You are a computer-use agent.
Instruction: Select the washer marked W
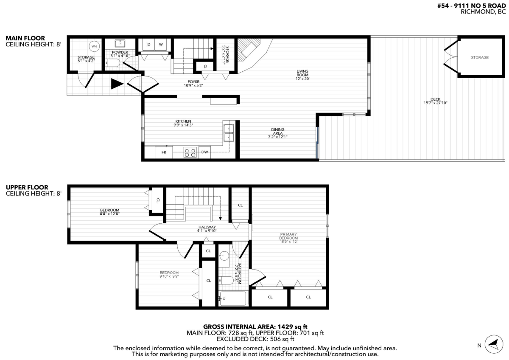pos(161,44)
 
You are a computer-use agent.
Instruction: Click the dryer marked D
pos(149,44)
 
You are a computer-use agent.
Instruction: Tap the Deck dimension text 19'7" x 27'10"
pos(436,103)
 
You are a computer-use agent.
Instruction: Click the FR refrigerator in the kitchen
pos(163,152)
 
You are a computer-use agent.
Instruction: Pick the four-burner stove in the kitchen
pos(190,152)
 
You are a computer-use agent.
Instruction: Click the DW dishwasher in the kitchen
pos(205,152)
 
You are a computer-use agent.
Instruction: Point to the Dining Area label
pos(278,133)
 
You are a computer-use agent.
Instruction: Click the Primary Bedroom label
pos(288,237)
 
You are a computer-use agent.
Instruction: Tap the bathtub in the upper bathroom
pos(233,299)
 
